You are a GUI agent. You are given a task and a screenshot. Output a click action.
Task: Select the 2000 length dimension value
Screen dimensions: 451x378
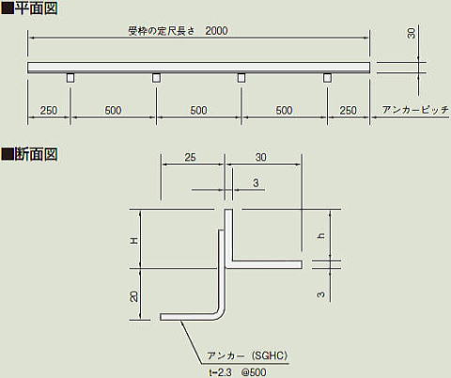[x=216, y=31]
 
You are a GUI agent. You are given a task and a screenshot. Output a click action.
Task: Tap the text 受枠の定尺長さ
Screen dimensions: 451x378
[x=162, y=31]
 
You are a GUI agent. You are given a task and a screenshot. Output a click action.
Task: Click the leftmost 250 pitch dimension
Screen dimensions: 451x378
[x=49, y=110]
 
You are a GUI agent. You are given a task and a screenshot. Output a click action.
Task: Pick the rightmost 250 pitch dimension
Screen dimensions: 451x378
[x=349, y=110]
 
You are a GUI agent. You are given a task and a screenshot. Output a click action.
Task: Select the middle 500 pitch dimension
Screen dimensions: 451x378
[x=198, y=110]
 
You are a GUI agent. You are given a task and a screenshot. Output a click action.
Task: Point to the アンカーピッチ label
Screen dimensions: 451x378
[x=415, y=110]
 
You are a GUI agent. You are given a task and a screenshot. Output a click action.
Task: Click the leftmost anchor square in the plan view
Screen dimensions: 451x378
[x=70, y=78]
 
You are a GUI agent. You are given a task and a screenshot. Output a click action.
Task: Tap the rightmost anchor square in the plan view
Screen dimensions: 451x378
[x=327, y=78]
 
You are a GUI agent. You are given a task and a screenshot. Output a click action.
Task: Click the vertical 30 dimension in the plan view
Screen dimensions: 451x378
[x=412, y=33]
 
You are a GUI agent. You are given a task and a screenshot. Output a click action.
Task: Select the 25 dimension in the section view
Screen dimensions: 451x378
[x=190, y=157]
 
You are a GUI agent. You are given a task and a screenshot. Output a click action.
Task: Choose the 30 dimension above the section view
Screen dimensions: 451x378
[x=260, y=157]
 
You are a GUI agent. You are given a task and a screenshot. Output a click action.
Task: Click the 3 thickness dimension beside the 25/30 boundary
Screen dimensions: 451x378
[x=256, y=182]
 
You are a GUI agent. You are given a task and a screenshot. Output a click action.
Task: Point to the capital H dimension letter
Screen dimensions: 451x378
[x=134, y=241]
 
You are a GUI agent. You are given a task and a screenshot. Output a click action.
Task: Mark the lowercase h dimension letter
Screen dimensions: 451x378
[x=320, y=236]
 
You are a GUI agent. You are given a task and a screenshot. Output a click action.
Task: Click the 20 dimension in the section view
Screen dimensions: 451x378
[x=133, y=296]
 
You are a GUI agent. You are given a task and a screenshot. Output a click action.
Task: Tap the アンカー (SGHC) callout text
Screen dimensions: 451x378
[x=247, y=355]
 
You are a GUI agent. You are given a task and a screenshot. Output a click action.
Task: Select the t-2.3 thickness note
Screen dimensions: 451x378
[x=220, y=372]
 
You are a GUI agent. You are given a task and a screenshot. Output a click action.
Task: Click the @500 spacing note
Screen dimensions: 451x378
[x=254, y=372]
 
